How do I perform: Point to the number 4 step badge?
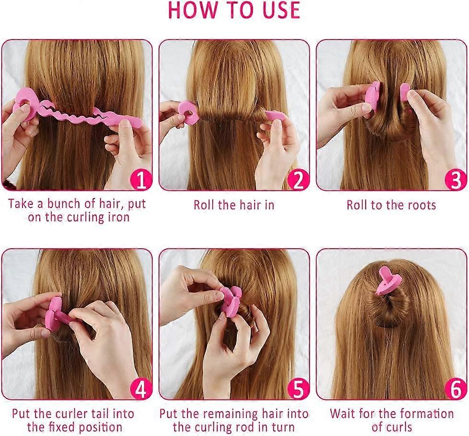point(140,389)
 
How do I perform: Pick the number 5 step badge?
point(298,389)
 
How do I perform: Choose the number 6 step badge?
point(455,389)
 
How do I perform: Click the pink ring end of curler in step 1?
point(23,102)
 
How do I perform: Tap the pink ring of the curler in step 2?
point(188,113)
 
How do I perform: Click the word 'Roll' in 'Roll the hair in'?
point(204,205)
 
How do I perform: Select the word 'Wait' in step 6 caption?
point(343,413)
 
